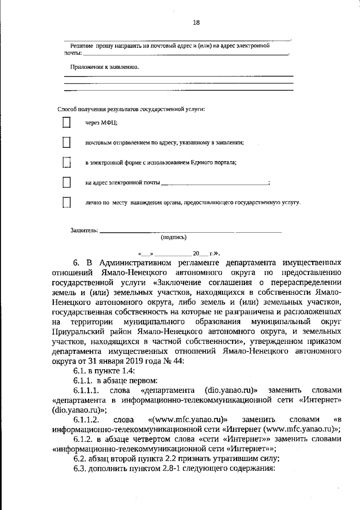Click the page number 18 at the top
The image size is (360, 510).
[x=196, y=22]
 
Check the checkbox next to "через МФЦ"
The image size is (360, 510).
[x=66, y=123]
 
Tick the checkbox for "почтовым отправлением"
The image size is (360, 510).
[x=66, y=142]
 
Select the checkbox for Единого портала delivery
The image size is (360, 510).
[x=66, y=162]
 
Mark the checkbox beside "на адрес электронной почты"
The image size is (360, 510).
[x=66, y=182]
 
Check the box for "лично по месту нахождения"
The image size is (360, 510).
[x=66, y=202]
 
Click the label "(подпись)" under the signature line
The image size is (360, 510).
[x=174, y=237]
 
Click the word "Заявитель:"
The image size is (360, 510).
[x=84, y=230]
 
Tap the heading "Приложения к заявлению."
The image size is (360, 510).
[x=104, y=67]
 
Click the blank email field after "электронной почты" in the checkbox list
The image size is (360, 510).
[x=214, y=183]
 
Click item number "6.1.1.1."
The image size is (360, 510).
[x=86, y=390]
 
